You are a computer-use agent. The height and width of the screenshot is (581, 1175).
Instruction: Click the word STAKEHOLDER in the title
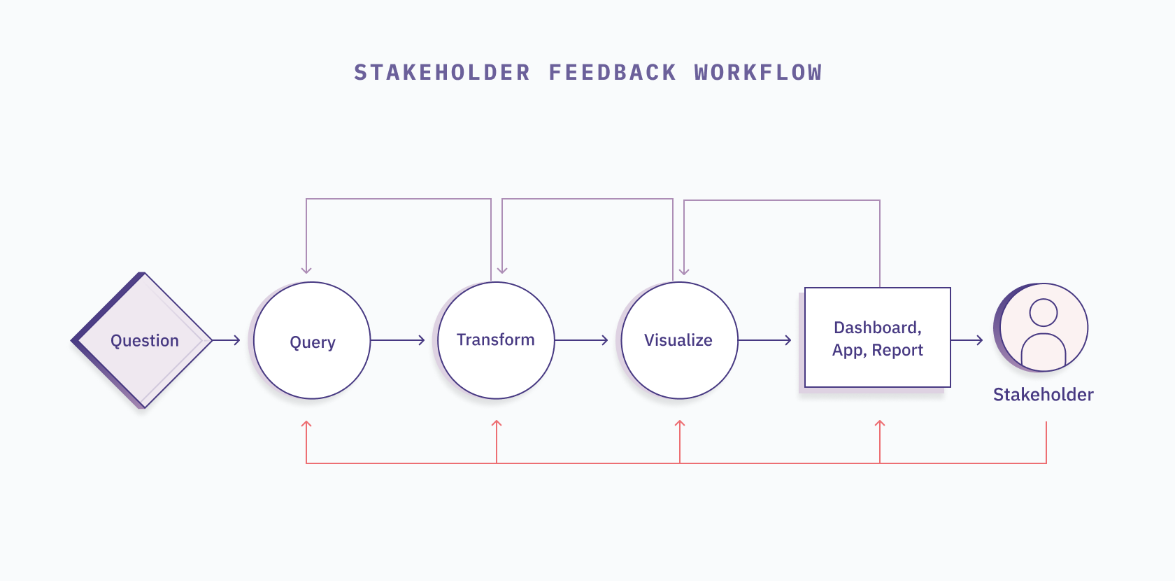tap(442, 73)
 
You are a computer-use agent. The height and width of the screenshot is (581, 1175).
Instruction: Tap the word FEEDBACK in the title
tap(613, 73)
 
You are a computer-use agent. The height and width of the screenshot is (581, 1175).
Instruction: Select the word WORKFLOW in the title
tap(758, 73)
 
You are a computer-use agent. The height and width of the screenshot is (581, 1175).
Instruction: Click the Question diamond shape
tap(143, 340)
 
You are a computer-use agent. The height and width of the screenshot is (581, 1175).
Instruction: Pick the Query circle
tap(312, 341)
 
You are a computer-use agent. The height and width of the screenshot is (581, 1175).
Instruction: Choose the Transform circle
tap(496, 340)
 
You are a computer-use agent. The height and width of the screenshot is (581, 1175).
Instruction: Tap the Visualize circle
tap(679, 340)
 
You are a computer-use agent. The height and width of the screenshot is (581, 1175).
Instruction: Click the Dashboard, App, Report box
tap(878, 338)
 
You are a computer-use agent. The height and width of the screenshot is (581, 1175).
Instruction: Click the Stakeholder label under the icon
tap(1044, 395)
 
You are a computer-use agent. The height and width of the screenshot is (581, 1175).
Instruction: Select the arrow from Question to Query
tap(227, 340)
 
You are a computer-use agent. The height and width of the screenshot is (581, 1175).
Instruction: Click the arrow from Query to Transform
tap(398, 340)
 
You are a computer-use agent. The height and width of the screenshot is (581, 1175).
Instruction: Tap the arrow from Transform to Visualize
tap(582, 340)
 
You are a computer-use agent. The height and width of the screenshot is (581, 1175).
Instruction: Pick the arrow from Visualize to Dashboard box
tap(765, 340)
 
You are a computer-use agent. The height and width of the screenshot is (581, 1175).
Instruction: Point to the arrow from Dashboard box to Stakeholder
tap(968, 340)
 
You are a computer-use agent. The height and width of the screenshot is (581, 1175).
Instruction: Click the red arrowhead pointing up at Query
tap(306, 424)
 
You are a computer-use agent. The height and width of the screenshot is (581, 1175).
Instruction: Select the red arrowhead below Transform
tap(497, 424)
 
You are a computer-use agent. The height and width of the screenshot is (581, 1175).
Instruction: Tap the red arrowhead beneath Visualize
tap(680, 424)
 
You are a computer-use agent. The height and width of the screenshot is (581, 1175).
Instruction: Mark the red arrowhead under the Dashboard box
tap(880, 424)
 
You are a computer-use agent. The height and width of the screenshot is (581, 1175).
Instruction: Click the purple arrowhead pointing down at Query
tap(306, 269)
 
